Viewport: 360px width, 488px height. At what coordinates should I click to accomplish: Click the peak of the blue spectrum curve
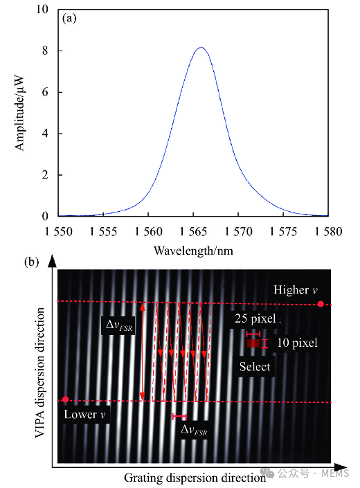point(201,47)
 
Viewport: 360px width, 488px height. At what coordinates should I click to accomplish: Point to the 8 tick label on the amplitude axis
point(45,51)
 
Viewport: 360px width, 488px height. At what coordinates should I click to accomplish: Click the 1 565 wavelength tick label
point(193,232)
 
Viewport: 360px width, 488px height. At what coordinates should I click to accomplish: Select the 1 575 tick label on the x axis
point(283,232)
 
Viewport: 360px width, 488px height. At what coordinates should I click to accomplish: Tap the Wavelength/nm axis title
point(193,251)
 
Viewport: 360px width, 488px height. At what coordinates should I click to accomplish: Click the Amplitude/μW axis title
point(19,113)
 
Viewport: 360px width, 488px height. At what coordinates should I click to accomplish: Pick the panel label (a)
point(69,19)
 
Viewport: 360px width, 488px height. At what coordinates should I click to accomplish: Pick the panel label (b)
point(31,262)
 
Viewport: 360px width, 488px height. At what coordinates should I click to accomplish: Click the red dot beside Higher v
point(321,304)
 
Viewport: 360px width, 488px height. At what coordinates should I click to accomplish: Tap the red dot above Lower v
point(65,399)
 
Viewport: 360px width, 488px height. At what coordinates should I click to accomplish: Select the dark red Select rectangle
point(253,343)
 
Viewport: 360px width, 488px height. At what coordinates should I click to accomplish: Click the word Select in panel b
point(255,367)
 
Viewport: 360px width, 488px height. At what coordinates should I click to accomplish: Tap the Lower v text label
point(84,415)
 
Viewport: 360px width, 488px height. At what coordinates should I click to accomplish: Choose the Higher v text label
point(296,290)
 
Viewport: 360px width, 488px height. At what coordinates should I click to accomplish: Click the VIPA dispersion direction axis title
point(40,373)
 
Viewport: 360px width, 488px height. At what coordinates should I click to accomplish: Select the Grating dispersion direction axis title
point(195,478)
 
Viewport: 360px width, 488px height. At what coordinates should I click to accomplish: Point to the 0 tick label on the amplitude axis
point(45,216)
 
